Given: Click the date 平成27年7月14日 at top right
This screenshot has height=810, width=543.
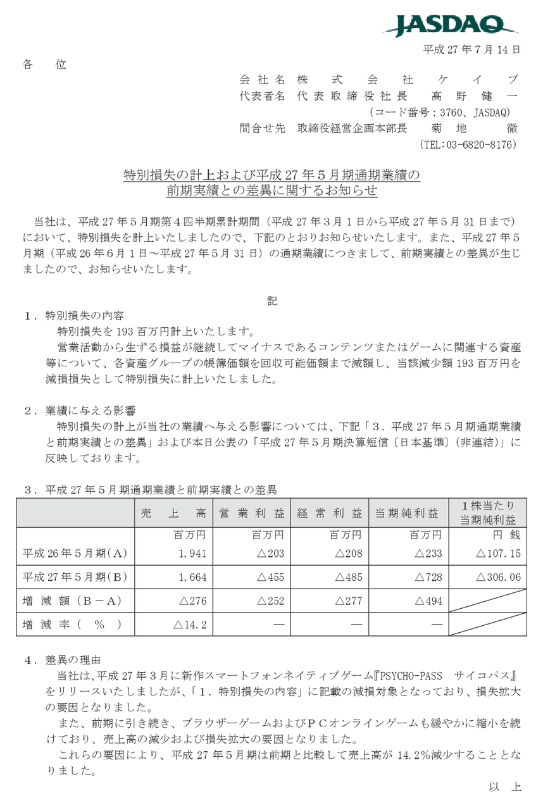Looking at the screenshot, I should pos(471,49).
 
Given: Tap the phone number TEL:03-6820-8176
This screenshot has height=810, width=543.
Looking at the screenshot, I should pos(468,144).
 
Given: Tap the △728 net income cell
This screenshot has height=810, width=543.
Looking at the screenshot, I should pos(427,577).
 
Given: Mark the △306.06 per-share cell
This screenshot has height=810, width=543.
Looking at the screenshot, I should pos(497,577).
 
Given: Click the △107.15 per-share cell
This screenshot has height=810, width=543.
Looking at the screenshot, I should pos(497,554).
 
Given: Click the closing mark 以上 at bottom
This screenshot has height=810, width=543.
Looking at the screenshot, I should pos(505,787).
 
